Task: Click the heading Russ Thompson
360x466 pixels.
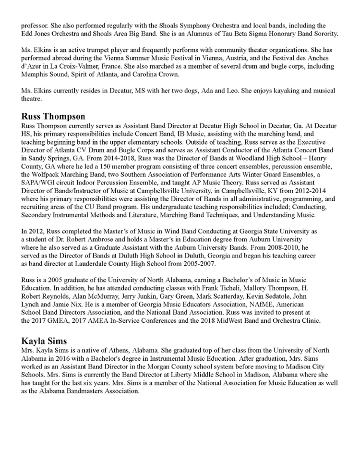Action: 53,116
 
